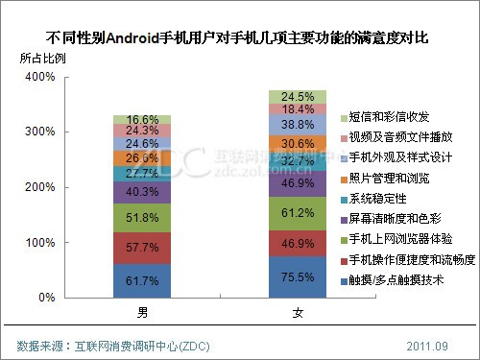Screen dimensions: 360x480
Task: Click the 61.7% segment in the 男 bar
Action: pos(143,280)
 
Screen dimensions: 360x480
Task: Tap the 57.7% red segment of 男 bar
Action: pos(143,248)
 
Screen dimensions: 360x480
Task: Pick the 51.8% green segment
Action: pos(143,218)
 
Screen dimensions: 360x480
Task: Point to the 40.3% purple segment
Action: pos(143,192)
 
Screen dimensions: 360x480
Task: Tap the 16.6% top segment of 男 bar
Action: pos(143,118)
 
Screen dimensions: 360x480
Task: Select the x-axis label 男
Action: pos(142,313)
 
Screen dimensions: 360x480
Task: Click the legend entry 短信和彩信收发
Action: pos(388,116)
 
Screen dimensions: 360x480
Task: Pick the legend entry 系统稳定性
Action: pos(382,198)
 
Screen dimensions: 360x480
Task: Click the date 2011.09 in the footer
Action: pos(428,344)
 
